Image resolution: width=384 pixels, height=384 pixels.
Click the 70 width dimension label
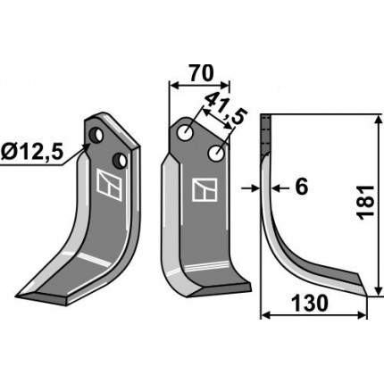pyautogui.click(x=202, y=73)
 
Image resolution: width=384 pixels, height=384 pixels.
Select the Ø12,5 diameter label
pyautogui.click(x=32, y=152)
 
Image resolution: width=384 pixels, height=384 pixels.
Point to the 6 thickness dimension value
pyautogui.click(x=301, y=188)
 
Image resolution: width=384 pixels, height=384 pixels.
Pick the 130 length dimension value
pyautogui.click(x=310, y=304)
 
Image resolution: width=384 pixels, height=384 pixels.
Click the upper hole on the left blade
pyautogui.click(x=96, y=135)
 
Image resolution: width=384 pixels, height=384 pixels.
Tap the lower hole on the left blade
pyautogui.click(x=120, y=161)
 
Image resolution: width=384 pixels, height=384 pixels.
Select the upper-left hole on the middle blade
pyautogui.click(x=185, y=133)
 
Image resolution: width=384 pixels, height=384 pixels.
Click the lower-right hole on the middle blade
pyautogui.click(x=216, y=154)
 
